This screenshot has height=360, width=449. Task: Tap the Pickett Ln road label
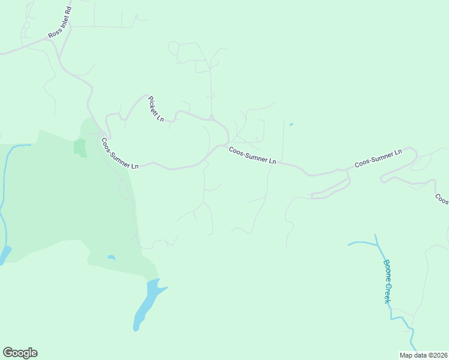click(156, 109)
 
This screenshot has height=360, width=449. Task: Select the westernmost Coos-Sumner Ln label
click(120, 154)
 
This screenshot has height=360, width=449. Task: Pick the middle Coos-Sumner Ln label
click(252, 156)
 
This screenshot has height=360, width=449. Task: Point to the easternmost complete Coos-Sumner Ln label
click(378, 158)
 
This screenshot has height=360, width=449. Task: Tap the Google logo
click(20, 353)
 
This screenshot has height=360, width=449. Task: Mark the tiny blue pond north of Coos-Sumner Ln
click(291, 125)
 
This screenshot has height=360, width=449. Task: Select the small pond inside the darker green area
click(112, 257)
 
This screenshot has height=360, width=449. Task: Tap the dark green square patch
click(79, 147)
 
